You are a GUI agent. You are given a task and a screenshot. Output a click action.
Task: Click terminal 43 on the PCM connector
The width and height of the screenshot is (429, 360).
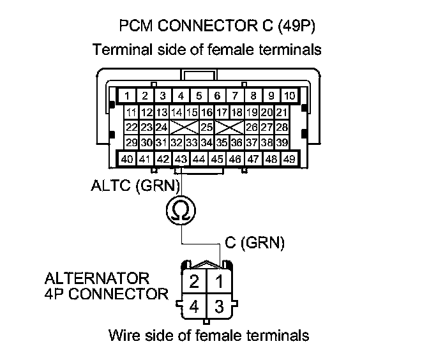(x=181, y=158)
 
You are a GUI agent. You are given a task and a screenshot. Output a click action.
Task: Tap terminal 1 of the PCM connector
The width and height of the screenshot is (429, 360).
(x=128, y=96)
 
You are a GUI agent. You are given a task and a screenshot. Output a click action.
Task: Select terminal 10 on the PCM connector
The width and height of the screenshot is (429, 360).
(x=289, y=96)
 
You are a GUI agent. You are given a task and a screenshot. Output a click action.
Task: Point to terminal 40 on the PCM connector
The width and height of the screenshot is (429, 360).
(x=128, y=158)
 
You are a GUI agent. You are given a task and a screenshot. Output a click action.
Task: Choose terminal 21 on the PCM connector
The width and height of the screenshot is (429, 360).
(x=282, y=112)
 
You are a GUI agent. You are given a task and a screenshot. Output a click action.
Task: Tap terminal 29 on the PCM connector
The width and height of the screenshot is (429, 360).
(x=132, y=142)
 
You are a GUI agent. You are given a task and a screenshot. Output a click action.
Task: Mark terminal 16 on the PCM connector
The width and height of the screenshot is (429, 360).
(x=207, y=112)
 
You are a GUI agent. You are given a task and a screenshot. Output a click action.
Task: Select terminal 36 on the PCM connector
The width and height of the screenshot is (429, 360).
(x=236, y=142)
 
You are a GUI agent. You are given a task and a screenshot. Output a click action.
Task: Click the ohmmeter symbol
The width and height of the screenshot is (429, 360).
(x=181, y=211)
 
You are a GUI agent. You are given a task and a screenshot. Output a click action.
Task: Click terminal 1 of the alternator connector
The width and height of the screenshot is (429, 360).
(x=218, y=281)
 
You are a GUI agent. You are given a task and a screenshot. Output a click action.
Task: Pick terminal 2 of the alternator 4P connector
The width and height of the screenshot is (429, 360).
(x=193, y=281)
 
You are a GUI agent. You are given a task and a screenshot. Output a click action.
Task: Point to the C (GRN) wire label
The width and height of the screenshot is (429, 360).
(x=255, y=243)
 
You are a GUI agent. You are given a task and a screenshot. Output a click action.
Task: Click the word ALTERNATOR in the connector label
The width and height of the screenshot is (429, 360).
(x=97, y=279)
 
